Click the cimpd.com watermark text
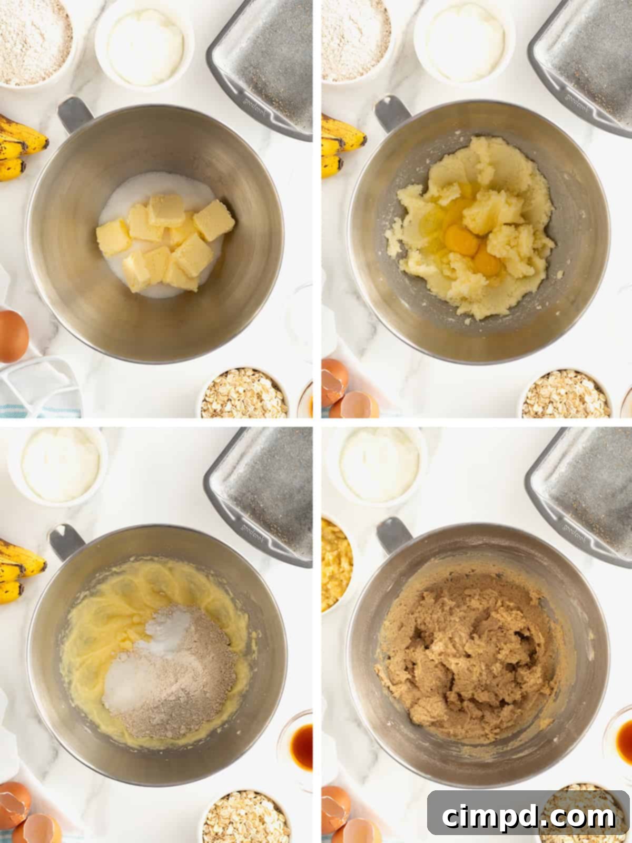coord(528,817)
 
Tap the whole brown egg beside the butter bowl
coord(13,336)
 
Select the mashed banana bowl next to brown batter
coord(335,564)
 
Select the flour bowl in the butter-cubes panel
coord(34,40)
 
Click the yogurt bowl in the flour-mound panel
coord(61,464)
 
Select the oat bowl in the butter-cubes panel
coord(244,394)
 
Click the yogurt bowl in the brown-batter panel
coord(379,464)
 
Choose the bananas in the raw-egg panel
coord(340,145)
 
